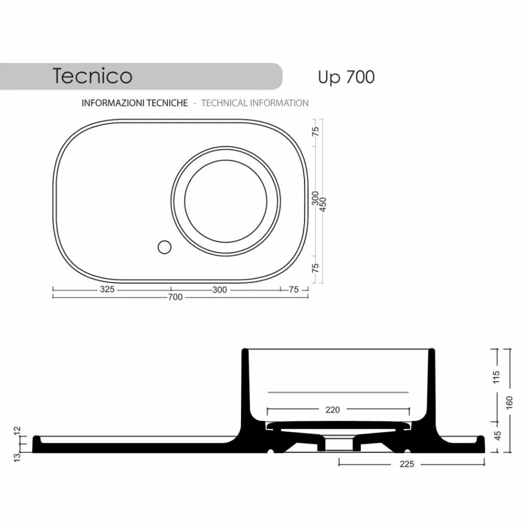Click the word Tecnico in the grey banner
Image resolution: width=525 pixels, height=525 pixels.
tap(92, 76)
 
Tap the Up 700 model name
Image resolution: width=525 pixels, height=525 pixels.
tap(346, 77)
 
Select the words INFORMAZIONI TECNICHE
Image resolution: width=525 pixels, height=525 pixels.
tap(134, 103)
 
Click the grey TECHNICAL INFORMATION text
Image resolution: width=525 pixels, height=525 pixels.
tap(255, 103)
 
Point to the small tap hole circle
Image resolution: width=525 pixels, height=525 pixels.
tap(164, 247)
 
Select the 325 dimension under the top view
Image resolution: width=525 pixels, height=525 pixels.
tap(107, 289)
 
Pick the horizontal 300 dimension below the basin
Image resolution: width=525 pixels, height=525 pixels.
tap(219, 290)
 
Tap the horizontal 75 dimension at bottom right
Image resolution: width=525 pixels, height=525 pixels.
tap(293, 290)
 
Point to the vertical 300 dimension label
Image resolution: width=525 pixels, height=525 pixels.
tap(315, 197)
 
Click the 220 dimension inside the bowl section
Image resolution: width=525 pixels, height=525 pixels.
tap(333, 410)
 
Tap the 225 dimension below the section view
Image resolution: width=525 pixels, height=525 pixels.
tap(406, 464)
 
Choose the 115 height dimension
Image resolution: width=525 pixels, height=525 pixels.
tap(496, 377)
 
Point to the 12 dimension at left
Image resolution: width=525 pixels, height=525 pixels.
tap(17, 429)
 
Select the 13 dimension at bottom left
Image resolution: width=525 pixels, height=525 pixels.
tap(17, 457)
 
